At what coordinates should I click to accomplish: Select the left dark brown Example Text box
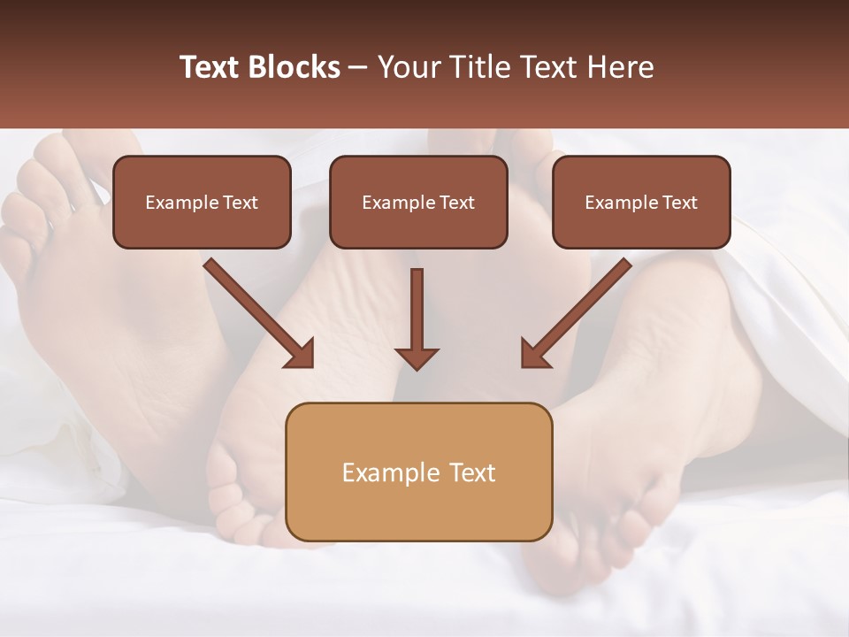[202, 202]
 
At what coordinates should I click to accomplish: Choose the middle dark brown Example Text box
[418, 202]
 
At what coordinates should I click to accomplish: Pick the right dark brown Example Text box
[641, 202]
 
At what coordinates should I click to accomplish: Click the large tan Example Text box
[418, 472]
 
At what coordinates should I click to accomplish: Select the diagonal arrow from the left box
[260, 313]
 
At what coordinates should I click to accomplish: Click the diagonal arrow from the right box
[576, 313]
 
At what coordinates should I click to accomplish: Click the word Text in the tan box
[473, 472]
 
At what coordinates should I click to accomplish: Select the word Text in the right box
[679, 203]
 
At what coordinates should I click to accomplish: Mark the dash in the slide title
[358, 68]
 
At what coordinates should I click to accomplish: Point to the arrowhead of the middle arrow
[417, 357]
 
